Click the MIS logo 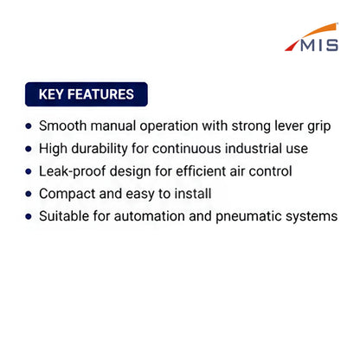click(x=312, y=37)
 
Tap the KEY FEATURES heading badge click(x=87, y=94)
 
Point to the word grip click(x=319, y=127)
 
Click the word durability click(x=100, y=149)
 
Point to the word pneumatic click(x=248, y=216)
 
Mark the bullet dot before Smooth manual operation click(x=29, y=126)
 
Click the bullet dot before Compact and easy click(x=29, y=194)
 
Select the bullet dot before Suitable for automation click(x=29, y=216)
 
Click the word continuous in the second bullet click(x=187, y=149)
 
